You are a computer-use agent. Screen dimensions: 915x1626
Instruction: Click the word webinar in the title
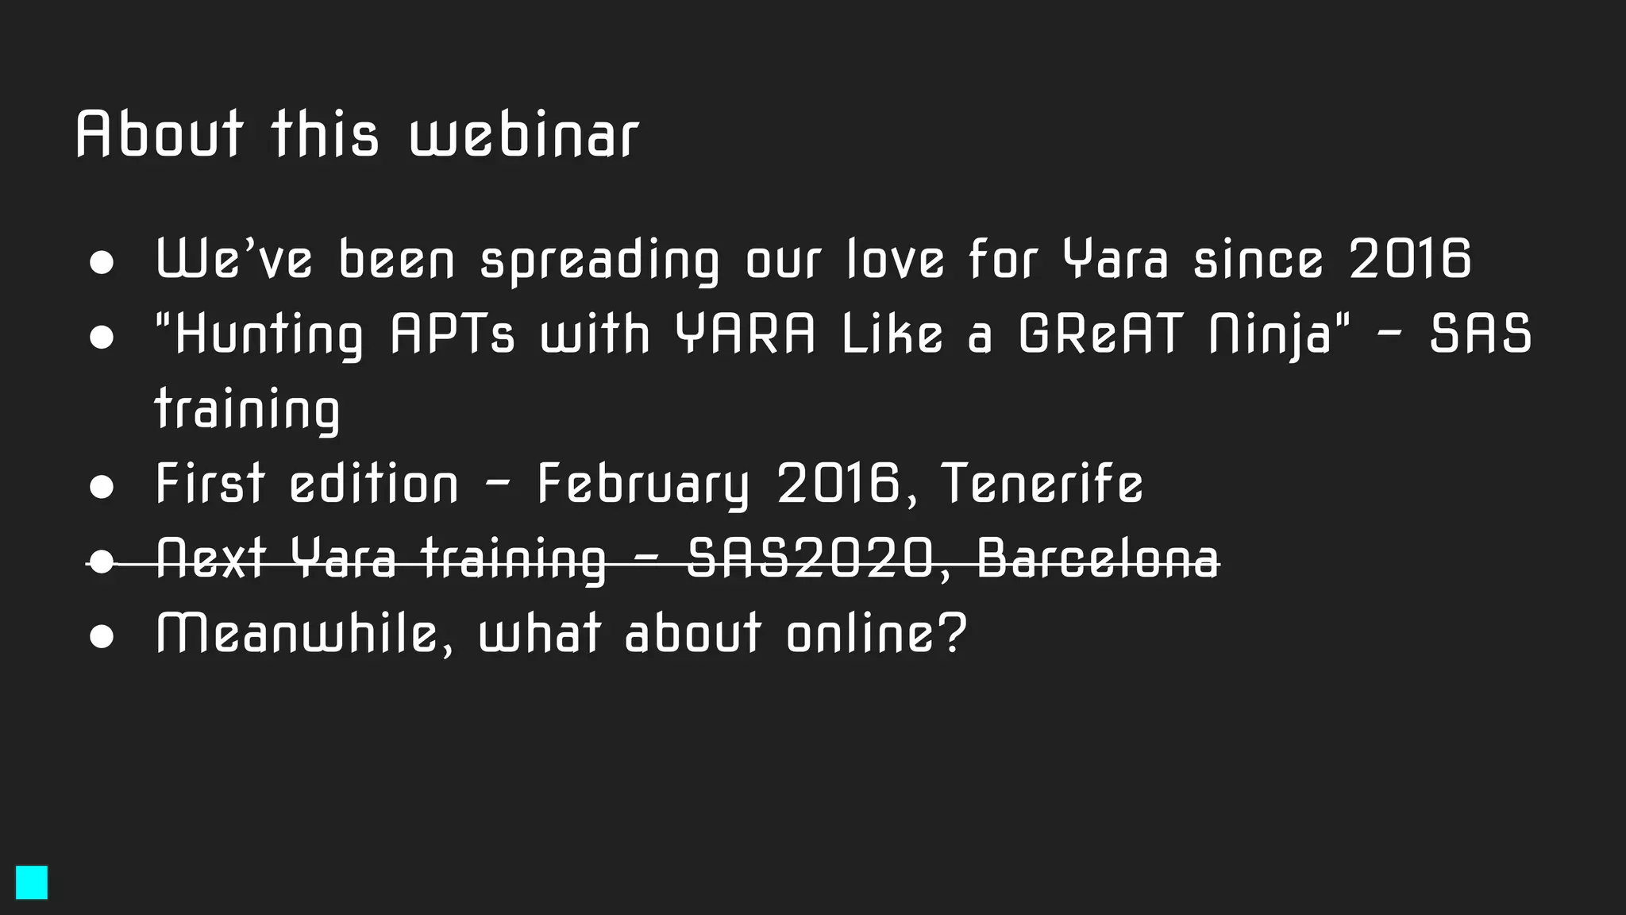[x=524, y=134]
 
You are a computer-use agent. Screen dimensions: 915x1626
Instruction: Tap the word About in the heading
[x=160, y=134]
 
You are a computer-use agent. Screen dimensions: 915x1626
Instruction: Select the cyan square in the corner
[x=32, y=882]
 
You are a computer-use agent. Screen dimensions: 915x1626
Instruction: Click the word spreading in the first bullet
[x=599, y=261]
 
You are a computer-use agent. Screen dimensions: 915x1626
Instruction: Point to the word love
[x=895, y=260]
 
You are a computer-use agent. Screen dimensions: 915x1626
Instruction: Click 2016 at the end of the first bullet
[x=1410, y=260]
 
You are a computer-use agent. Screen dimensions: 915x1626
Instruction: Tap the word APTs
[x=453, y=334]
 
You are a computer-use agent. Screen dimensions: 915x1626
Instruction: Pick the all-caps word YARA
[x=745, y=334]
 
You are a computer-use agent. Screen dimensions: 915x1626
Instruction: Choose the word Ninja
[x=1270, y=335]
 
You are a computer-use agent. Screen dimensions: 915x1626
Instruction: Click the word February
[x=643, y=485]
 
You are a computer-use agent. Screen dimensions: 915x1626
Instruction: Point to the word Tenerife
[x=1042, y=484]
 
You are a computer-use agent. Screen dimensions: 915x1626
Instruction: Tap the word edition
[x=374, y=484]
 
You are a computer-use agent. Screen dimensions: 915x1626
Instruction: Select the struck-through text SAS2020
[x=810, y=558]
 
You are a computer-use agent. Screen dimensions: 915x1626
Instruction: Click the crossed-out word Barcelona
[x=1098, y=558]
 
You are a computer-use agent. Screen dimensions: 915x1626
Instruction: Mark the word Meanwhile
[x=298, y=634]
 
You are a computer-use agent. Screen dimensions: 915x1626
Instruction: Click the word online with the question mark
[x=877, y=633]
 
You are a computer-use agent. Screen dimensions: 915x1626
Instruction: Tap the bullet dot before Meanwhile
[x=102, y=636]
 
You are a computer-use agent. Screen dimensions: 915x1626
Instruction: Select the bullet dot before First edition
[x=102, y=486]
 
